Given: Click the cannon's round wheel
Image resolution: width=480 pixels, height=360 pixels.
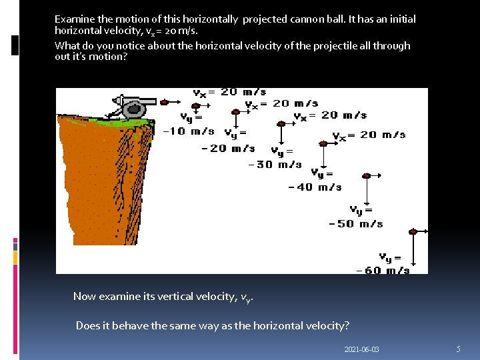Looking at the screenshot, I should tap(135, 109).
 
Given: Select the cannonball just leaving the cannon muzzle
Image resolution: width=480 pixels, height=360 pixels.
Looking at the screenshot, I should tap(163, 103).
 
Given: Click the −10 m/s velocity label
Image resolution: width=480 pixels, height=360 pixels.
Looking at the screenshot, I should tap(189, 131).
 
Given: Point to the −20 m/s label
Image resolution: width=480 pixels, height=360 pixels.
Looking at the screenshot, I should tap(227, 148).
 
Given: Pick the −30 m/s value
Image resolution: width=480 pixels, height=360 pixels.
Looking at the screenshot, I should tap(275, 164).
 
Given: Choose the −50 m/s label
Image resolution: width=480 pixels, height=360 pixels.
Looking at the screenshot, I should tap(356, 223).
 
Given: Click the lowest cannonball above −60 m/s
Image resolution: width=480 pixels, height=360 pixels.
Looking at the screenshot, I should tap(413, 231).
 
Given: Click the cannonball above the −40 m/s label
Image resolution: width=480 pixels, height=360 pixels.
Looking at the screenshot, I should tap(324, 143).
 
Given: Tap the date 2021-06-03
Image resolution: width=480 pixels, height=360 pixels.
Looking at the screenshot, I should tap(362, 349).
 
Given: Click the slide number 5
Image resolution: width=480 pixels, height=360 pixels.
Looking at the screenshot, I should tap(458, 349).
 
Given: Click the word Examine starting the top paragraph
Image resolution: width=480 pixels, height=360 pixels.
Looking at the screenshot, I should tap(75, 19).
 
